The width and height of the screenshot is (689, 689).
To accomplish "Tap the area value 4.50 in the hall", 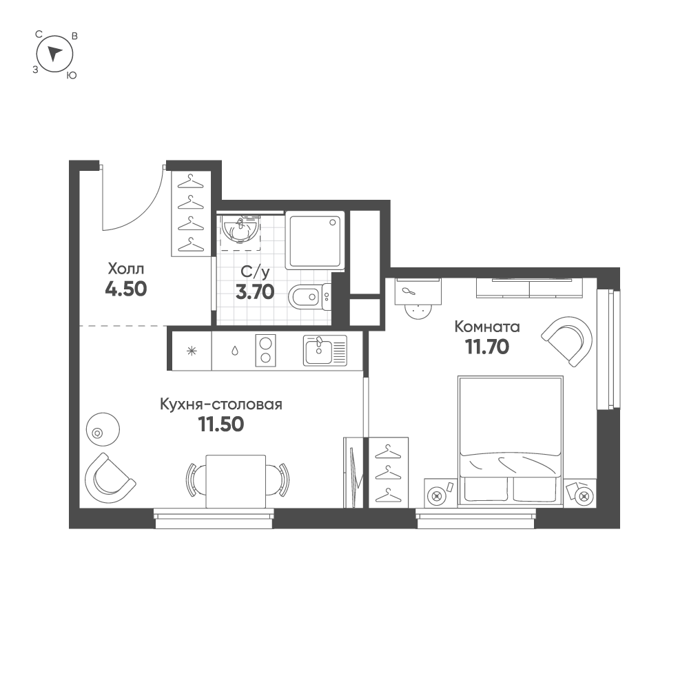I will (x=125, y=289).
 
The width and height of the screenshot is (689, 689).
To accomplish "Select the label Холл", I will (x=125, y=269).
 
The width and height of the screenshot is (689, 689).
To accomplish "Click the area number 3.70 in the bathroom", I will (x=256, y=292).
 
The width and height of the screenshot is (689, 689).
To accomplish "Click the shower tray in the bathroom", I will (x=315, y=241).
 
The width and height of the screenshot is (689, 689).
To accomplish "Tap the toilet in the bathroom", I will (x=307, y=298).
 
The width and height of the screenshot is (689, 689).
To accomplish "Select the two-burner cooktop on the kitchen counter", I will (x=265, y=350).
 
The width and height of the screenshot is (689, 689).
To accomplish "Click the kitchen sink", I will (x=325, y=350).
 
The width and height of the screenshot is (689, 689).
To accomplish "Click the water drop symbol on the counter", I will (x=235, y=351).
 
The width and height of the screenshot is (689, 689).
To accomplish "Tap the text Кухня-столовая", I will (x=221, y=404).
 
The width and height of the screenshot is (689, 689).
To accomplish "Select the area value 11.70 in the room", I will (x=487, y=347).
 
